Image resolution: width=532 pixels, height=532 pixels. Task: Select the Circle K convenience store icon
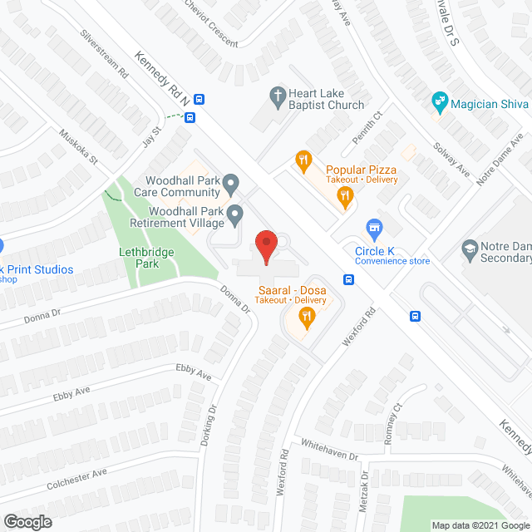click(374, 227)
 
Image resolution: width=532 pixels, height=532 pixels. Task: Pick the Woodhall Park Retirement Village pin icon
click(235, 213)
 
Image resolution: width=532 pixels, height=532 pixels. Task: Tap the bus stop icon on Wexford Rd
click(349, 280)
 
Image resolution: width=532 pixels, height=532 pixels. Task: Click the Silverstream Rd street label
click(104, 54)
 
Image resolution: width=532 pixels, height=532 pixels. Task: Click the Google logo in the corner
click(27, 521)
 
